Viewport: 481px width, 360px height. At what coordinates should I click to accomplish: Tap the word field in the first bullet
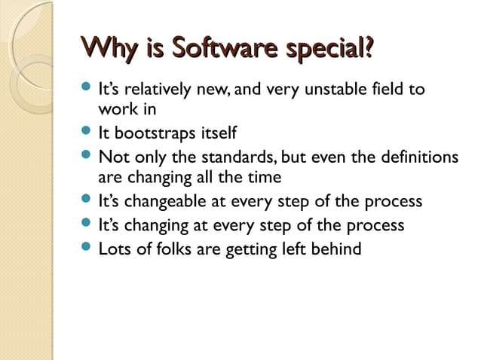pos(389,90)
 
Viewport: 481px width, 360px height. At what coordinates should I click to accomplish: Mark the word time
pos(264,178)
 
